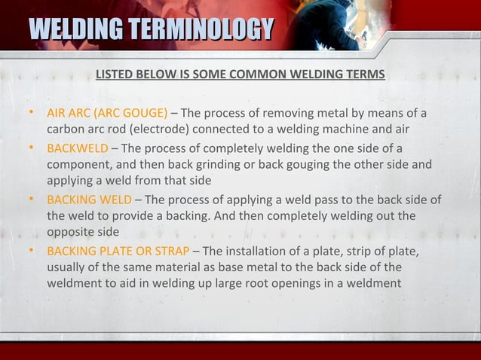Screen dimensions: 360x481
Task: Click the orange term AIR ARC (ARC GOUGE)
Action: click(x=108, y=114)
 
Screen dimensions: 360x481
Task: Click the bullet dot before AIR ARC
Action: click(x=30, y=114)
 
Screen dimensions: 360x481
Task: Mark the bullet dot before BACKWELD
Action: click(x=30, y=146)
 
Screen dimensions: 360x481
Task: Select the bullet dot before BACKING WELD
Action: click(x=30, y=200)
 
